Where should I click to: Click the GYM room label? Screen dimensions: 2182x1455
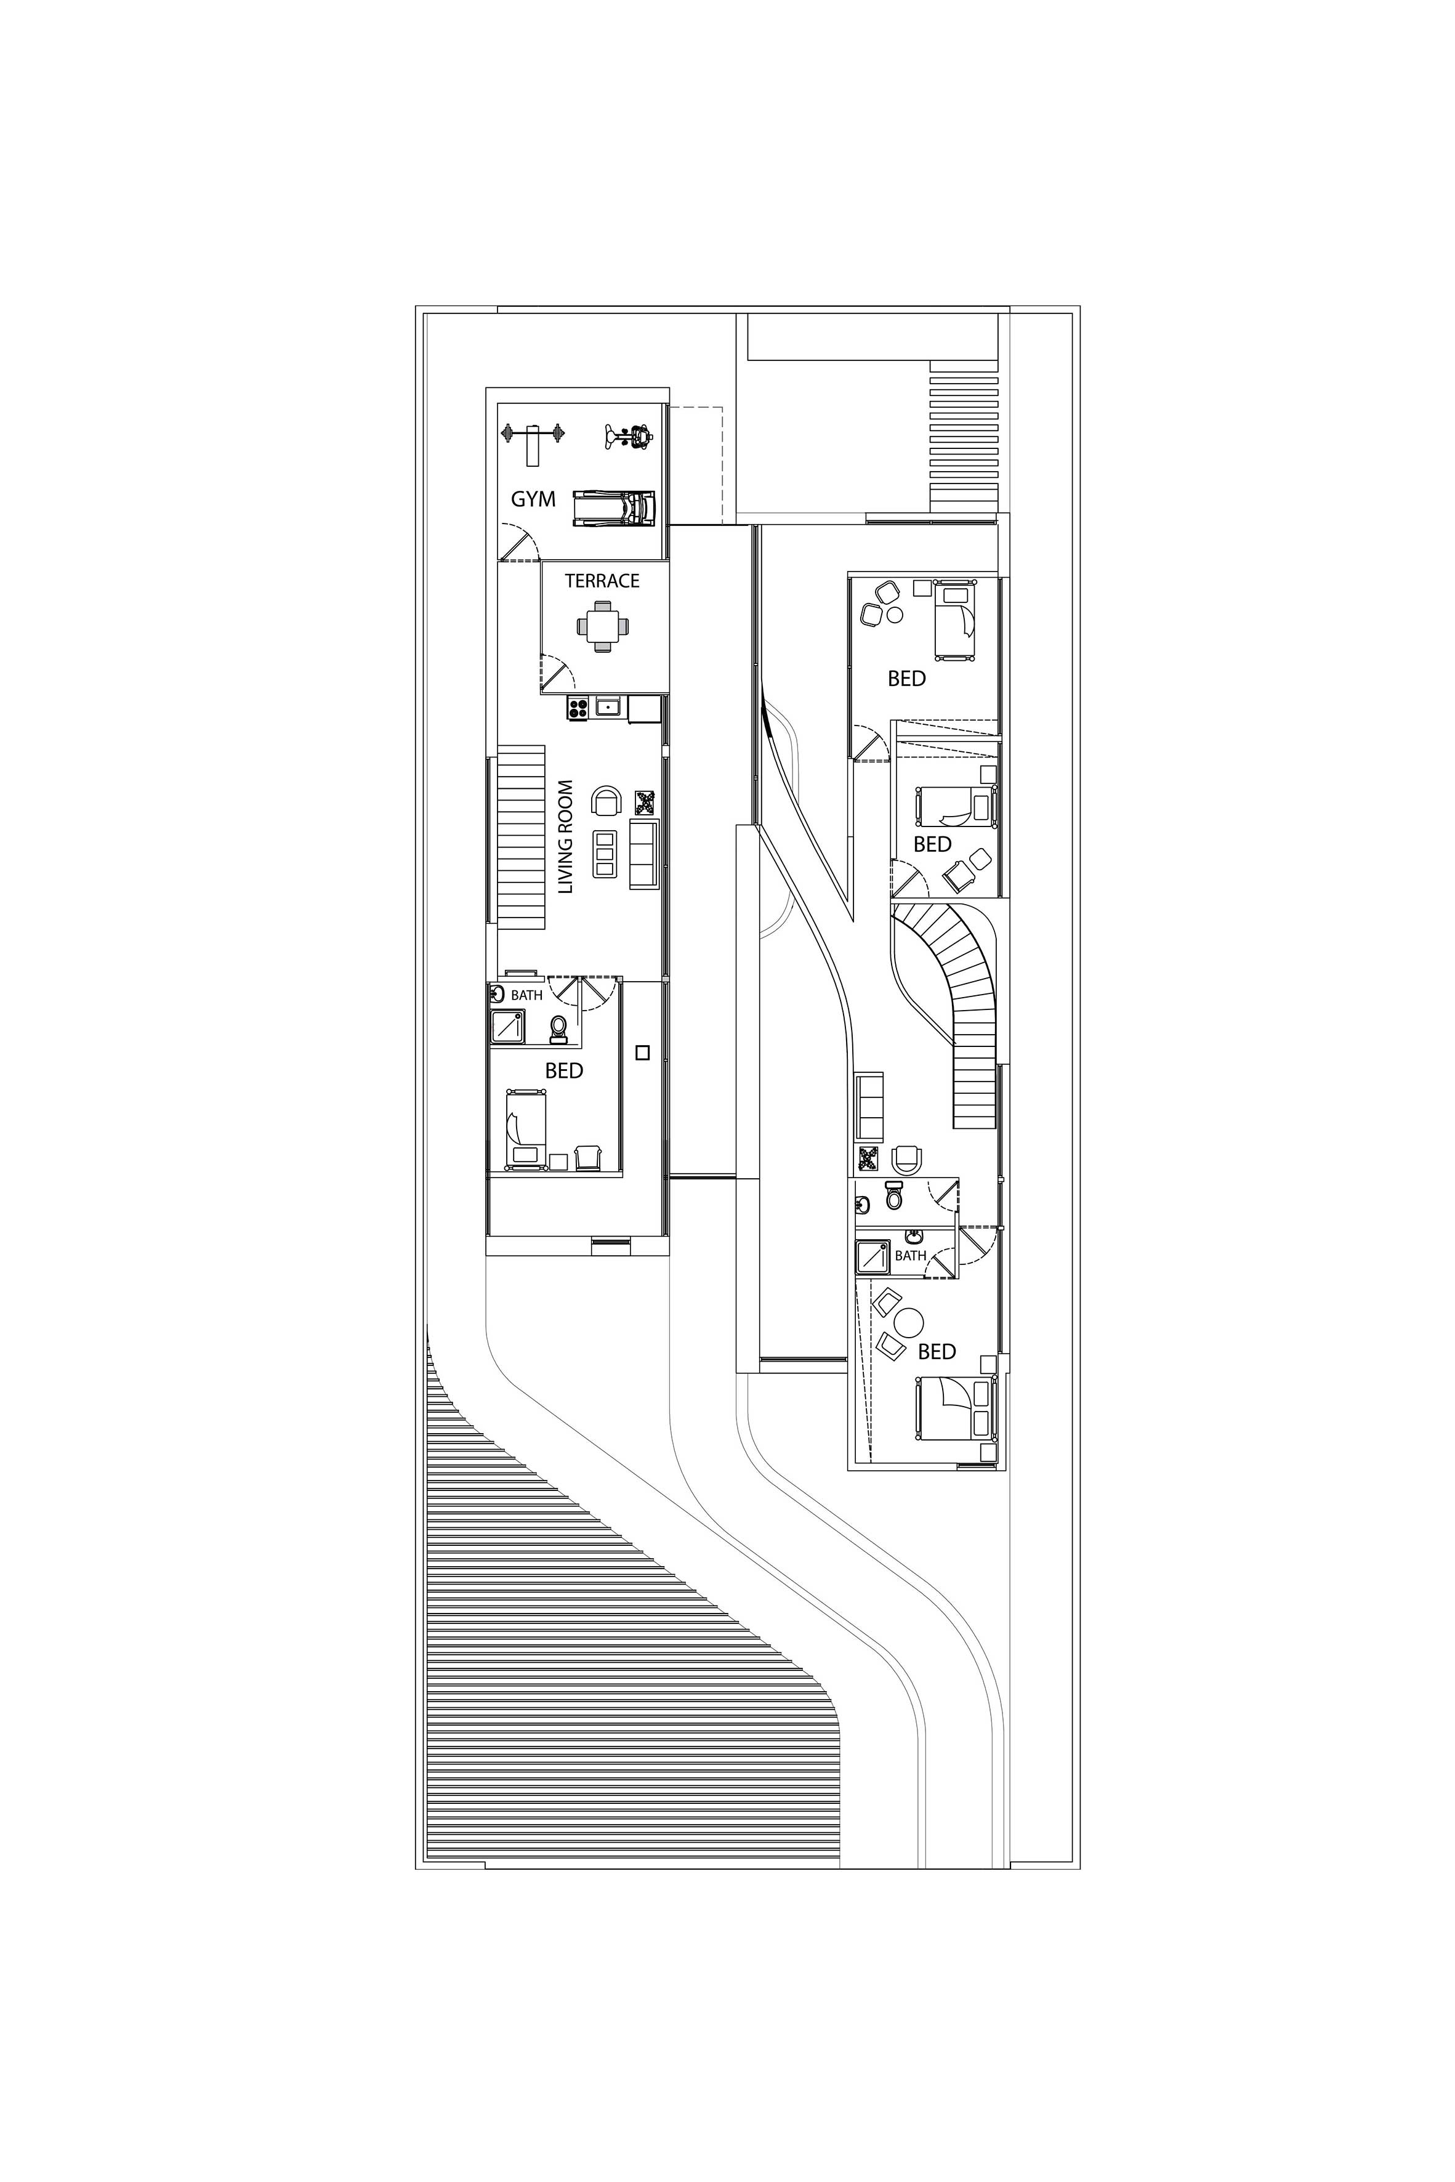534,499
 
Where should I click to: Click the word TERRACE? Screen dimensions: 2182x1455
602,581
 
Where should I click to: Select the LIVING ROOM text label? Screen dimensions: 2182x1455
566,836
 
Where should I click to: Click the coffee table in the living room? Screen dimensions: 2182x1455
605,854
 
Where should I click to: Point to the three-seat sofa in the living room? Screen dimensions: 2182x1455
644,854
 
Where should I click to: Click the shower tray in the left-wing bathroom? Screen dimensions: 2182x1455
507,1027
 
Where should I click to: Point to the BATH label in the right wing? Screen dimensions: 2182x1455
910,1256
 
